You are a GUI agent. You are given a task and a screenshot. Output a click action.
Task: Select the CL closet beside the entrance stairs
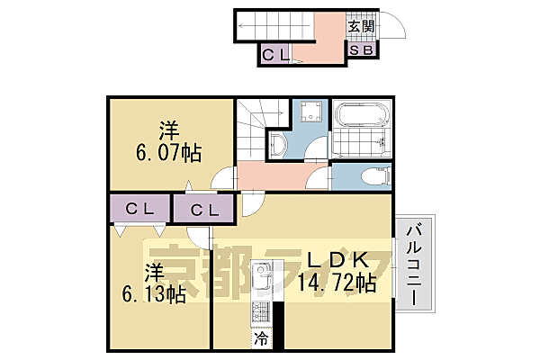click(x=275, y=55)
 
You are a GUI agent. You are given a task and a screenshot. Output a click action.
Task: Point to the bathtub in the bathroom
click(x=362, y=119)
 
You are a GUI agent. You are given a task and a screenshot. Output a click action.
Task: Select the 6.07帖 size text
click(x=168, y=152)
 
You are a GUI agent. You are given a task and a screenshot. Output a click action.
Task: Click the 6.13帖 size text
click(x=155, y=293)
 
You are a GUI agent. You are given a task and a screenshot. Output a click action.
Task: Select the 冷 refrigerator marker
click(x=259, y=340)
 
